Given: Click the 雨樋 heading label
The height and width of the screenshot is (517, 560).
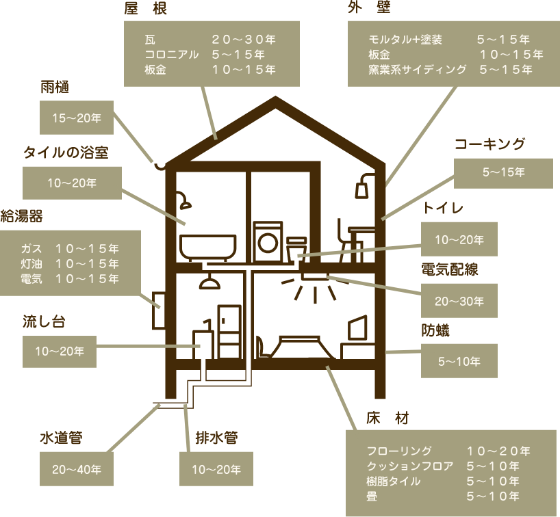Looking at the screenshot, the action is click(x=55, y=87).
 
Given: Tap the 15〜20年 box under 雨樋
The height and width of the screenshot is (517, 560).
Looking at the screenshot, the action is click(x=77, y=118).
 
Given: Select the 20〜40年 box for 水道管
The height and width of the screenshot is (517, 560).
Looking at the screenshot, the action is click(x=77, y=469).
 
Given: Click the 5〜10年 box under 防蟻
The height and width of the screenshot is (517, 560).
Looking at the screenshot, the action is click(x=459, y=361).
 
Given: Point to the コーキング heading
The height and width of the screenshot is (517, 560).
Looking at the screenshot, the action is click(x=489, y=144).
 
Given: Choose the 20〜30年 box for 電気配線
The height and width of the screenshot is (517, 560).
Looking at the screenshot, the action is click(x=459, y=301).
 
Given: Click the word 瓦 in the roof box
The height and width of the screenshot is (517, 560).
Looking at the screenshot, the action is click(x=150, y=39).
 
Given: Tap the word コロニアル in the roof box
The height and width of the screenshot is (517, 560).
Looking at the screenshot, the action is click(x=171, y=55).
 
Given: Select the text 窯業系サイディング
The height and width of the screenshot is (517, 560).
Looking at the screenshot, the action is click(x=417, y=69).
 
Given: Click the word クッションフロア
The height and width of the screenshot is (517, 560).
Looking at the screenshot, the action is click(x=410, y=466).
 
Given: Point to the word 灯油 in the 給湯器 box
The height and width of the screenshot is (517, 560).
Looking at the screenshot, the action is click(x=31, y=264).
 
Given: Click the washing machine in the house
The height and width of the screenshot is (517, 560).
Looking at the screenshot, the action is click(x=268, y=242).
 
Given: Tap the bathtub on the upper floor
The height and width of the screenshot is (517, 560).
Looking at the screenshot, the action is click(x=208, y=247).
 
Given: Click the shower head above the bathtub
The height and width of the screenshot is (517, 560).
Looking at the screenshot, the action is click(x=184, y=200).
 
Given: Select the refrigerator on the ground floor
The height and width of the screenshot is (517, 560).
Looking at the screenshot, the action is click(x=229, y=332).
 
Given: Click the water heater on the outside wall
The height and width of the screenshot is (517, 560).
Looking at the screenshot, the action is click(x=159, y=310).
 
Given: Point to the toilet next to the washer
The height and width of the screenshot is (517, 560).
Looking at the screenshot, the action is click(x=297, y=249).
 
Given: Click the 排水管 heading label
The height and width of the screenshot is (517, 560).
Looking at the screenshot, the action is click(x=216, y=438).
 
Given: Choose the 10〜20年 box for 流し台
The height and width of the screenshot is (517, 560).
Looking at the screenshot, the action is click(x=60, y=351).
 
